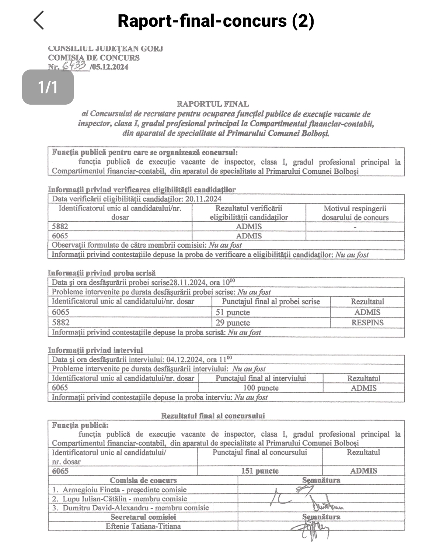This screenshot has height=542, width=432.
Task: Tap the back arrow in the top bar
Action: coord(38,20)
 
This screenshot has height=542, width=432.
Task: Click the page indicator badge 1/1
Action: coord(48,87)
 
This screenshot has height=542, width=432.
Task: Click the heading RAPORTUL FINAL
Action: coord(212,104)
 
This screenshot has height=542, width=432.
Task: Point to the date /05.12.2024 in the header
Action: coord(109,67)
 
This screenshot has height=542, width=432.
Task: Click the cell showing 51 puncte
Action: coord(232,312)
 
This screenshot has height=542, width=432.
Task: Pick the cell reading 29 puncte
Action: coord(232,323)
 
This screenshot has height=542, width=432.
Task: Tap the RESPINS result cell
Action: coord(367,323)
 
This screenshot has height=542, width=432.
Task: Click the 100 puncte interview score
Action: coord(260,388)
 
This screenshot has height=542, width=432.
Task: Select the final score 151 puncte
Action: coord(260,471)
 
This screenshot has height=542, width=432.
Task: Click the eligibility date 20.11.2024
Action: coord(203,199)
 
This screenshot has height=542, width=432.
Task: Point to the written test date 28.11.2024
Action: coord(188,282)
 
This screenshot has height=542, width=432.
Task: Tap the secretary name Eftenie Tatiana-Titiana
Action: coord(143,526)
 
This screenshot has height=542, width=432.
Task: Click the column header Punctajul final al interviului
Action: coord(260,378)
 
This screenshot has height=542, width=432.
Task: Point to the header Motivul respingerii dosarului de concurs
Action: coord(355,213)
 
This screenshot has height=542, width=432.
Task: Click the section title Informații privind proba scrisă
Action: coord(102,273)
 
